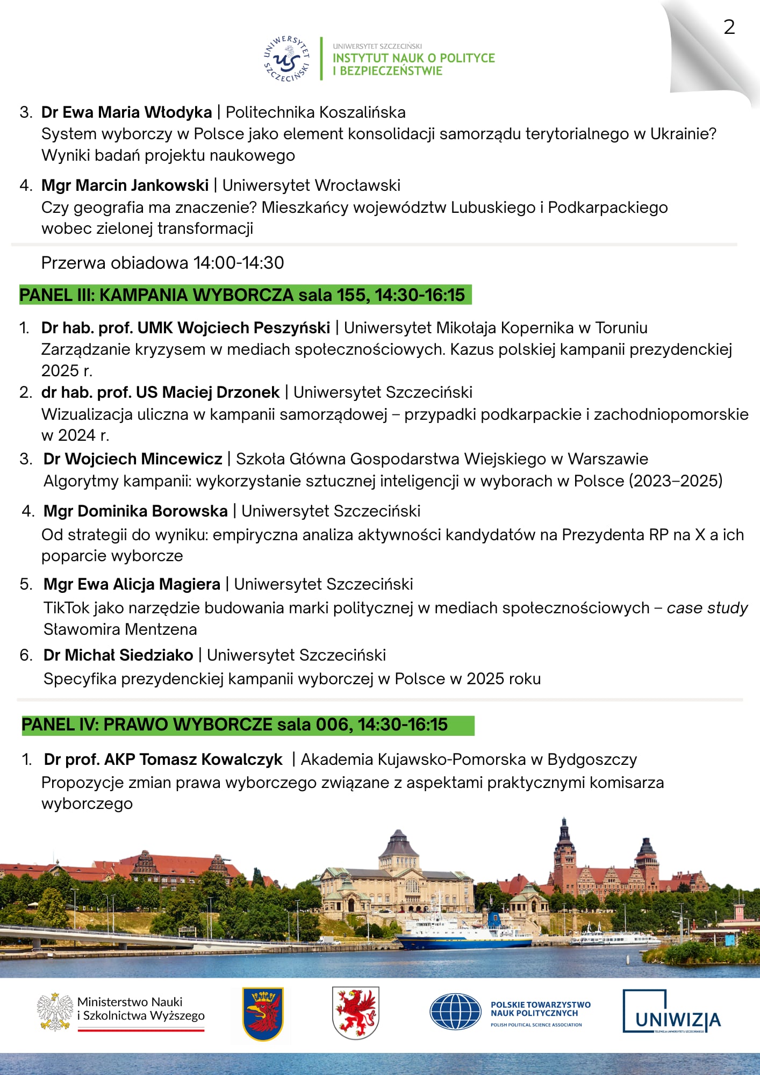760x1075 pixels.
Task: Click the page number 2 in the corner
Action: (x=729, y=27)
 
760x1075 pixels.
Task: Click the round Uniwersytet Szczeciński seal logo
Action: (x=286, y=59)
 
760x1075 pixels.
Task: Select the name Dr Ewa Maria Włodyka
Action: (x=126, y=112)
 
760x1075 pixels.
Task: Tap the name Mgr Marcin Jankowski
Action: (x=125, y=185)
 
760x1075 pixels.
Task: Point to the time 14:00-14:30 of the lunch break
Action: (x=239, y=263)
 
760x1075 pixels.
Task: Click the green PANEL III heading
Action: (x=245, y=295)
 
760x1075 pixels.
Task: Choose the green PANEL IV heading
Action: (x=247, y=725)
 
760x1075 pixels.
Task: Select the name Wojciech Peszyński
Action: (x=254, y=328)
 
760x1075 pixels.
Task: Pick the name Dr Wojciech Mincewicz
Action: (x=133, y=459)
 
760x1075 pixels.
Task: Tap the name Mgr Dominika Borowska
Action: (x=135, y=511)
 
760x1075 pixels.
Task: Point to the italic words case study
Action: (x=707, y=608)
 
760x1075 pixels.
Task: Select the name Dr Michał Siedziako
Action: (x=118, y=655)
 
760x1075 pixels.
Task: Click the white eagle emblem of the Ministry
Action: (x=55, y=1011)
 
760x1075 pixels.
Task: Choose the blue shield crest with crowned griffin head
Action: (x=262, y=1014)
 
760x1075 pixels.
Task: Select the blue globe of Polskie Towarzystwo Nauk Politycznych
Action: (x=455, y=1012)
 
